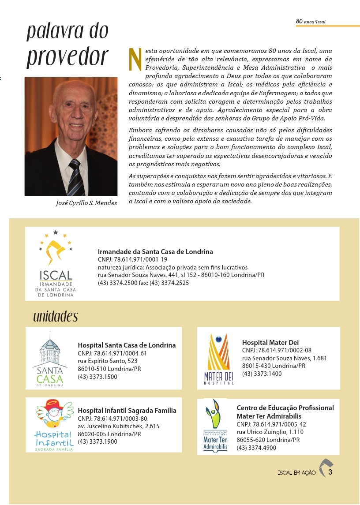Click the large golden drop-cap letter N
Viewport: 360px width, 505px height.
(x=135, y=59)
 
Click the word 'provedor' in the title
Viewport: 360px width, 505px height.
(x=67, y=57)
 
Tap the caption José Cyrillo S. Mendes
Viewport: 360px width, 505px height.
(x=84, y=203)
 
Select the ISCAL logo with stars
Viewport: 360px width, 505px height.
(x=56, y=262)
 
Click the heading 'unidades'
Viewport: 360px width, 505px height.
(x=55, y=316)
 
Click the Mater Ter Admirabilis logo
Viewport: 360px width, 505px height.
(x=215, y=425)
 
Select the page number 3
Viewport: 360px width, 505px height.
(x=330, y=472)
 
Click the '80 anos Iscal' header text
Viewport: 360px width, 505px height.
(x=311, y=21)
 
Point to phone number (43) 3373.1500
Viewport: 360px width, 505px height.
(x=97, y=377)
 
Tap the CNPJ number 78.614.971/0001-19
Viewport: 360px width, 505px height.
(x=132, y=259)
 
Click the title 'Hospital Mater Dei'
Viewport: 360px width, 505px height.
(x=270, y=342)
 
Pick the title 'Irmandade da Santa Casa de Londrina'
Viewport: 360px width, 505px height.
(x=155, y=251)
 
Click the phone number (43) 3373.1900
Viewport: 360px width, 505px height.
(x=97, y=441)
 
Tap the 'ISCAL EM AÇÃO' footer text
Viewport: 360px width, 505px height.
(x=296, y=473)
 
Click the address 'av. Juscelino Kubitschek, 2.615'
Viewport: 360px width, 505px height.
(x=118, y=426)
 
